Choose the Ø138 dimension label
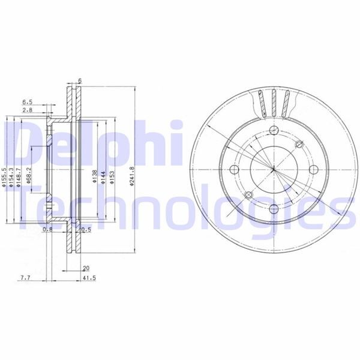95,175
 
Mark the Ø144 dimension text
103,175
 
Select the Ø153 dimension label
112,175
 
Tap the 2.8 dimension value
28,110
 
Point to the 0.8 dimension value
47,229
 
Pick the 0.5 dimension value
85,229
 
